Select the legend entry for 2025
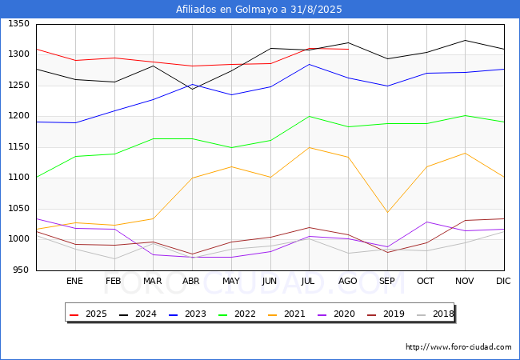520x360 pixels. coord(89,314)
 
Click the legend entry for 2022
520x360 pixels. coord(237,314)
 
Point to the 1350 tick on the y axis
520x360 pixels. coord(18,24)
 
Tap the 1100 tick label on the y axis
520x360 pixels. coord(18,178)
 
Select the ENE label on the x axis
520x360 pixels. coord(74,281)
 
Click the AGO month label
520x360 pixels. coord(348,281)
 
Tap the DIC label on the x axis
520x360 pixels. coord(503,281)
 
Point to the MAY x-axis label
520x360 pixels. coord(230,281)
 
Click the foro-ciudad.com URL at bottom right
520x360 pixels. coord(458,347)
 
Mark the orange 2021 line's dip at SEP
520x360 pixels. coord(387,212)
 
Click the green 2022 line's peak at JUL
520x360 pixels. coord(309,116)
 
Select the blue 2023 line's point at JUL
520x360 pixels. coord(309,64)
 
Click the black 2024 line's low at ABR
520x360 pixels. coord(192,89)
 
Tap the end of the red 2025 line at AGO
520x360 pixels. coord(348,50)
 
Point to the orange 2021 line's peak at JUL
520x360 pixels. coord(309,147)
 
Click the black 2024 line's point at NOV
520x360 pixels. coord(465,40)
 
